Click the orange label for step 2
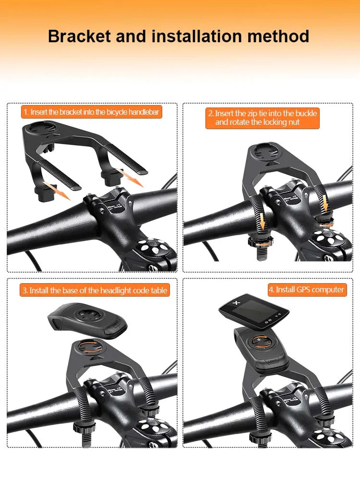[x=262, y=118]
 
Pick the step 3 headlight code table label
[x=95, y=290]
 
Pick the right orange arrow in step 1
[x=132, y=178]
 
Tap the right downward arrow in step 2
[x=327, y=204]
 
